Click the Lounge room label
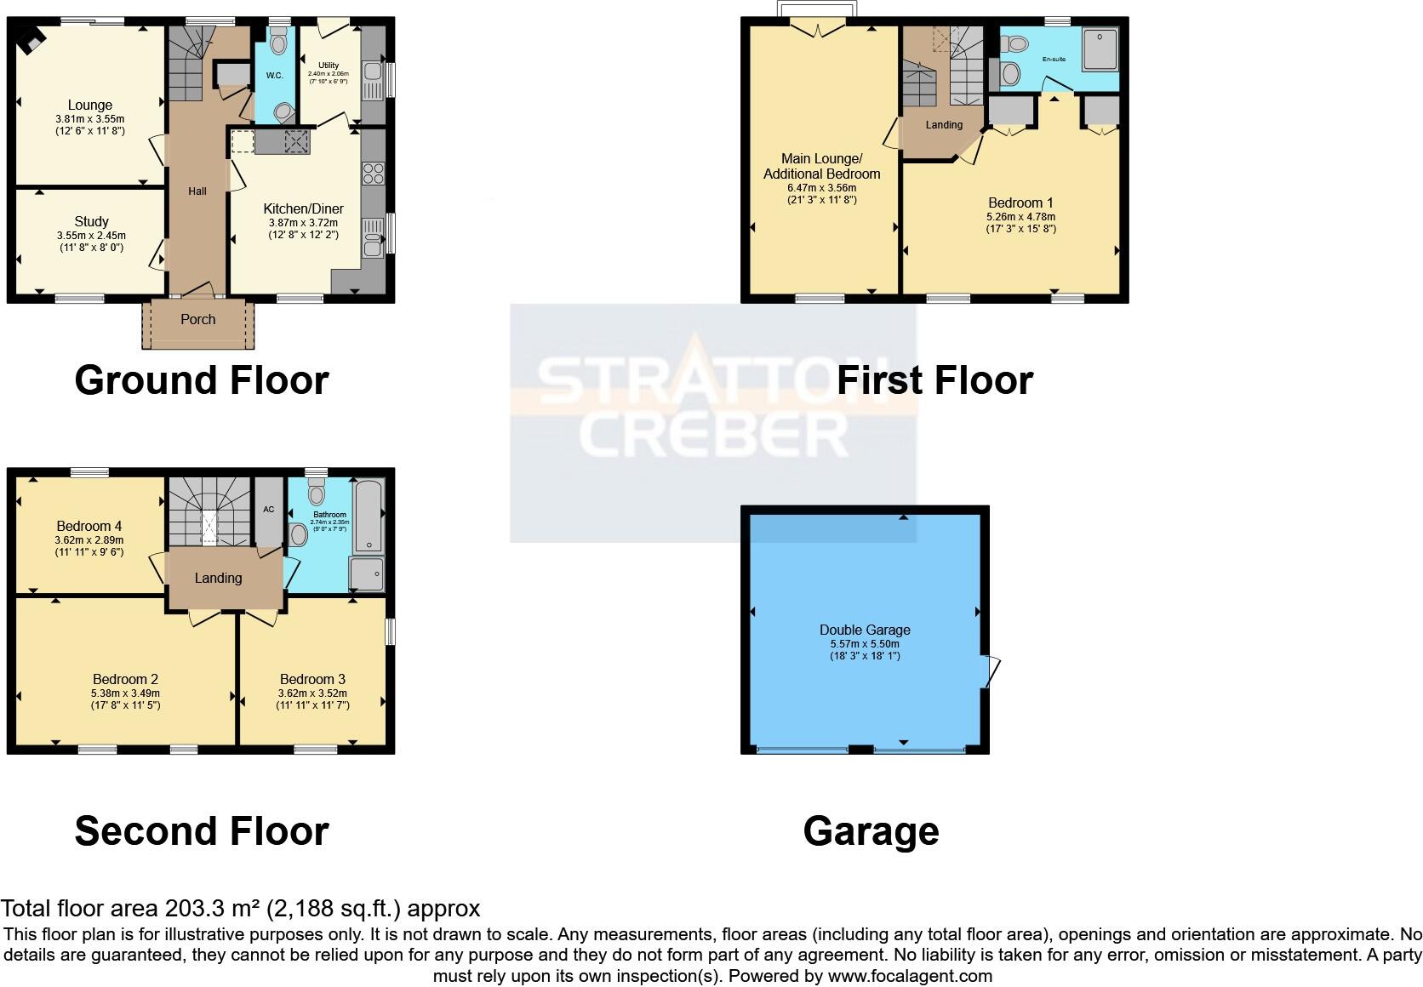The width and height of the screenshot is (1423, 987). click(90, 106)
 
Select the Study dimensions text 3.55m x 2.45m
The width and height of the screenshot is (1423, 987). click(91, 236)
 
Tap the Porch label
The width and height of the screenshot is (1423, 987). click(198, 320)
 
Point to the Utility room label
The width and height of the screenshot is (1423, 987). click(329, 65)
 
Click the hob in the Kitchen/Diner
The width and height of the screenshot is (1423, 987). click(373, 174)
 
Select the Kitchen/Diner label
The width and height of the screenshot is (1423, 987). click(303, 208)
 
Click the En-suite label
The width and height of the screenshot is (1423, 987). click(1054, 60)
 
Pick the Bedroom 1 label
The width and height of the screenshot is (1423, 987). click(1020, 203)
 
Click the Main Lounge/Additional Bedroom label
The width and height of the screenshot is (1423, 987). click(821, 166)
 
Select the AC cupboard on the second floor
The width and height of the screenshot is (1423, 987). click(269, 511)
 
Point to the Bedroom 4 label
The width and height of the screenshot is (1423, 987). click(89, 526)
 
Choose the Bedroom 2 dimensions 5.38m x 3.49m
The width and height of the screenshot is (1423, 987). click(125, 693)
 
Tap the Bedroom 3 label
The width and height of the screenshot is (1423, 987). click(312, 679)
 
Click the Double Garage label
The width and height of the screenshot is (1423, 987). click(865, 630)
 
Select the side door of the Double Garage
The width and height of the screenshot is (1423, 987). click(991, 671)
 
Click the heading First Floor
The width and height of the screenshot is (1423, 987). click(934, 379)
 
